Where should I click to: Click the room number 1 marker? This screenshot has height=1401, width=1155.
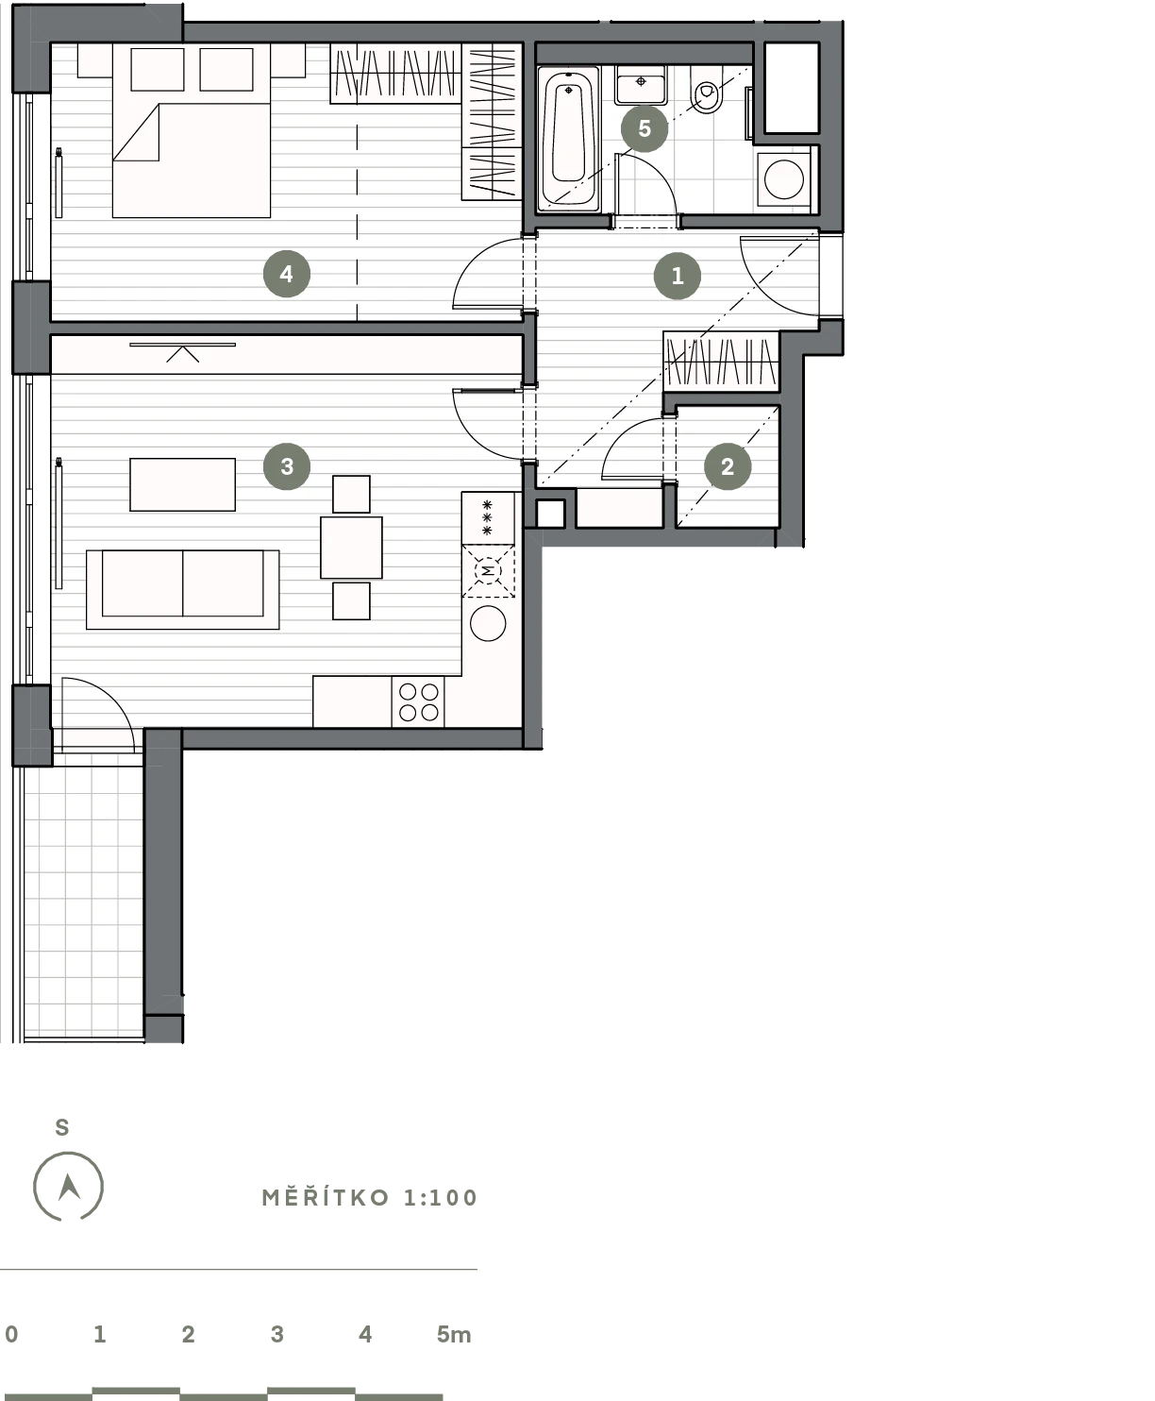[677, 276]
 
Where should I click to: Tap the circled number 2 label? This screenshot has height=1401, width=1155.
[728, 466]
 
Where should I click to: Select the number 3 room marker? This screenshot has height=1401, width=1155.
[287, 465]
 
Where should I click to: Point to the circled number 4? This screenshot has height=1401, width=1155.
[287, 274]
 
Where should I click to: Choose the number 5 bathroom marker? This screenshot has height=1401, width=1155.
[644, 128]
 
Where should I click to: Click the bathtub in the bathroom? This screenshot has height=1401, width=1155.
[569, 138]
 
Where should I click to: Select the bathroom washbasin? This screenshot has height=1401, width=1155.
[642, 85]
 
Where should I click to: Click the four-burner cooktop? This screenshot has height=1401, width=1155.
[418, 701]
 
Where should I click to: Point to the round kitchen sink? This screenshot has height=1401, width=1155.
[488, 623]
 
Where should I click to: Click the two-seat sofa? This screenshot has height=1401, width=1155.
[182, 590]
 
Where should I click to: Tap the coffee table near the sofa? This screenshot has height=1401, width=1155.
[182, 484]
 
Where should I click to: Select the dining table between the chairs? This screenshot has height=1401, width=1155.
[351, 548]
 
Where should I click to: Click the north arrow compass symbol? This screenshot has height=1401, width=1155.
[69, 1187]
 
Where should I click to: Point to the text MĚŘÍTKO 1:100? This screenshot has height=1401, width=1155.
[370, 1198]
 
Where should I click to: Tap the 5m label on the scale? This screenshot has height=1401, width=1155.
[454, 1335]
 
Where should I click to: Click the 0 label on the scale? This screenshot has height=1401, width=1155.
[11, 1334]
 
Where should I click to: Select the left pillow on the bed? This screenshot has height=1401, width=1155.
[158, 69]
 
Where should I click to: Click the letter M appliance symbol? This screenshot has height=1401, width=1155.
[488, 571]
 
